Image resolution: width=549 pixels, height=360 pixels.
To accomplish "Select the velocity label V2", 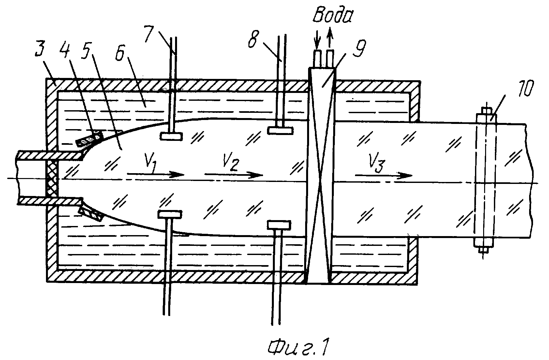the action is [x=231, y=162].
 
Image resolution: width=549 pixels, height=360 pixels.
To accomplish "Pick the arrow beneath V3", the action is [x=384, y=175].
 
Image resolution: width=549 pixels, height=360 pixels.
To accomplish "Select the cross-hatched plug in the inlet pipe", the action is [x=52, y=179].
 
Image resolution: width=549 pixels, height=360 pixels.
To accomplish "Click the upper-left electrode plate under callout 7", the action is [x=171, y=136].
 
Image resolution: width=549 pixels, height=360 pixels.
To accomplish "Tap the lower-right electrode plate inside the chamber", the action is [x=279, y=225].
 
